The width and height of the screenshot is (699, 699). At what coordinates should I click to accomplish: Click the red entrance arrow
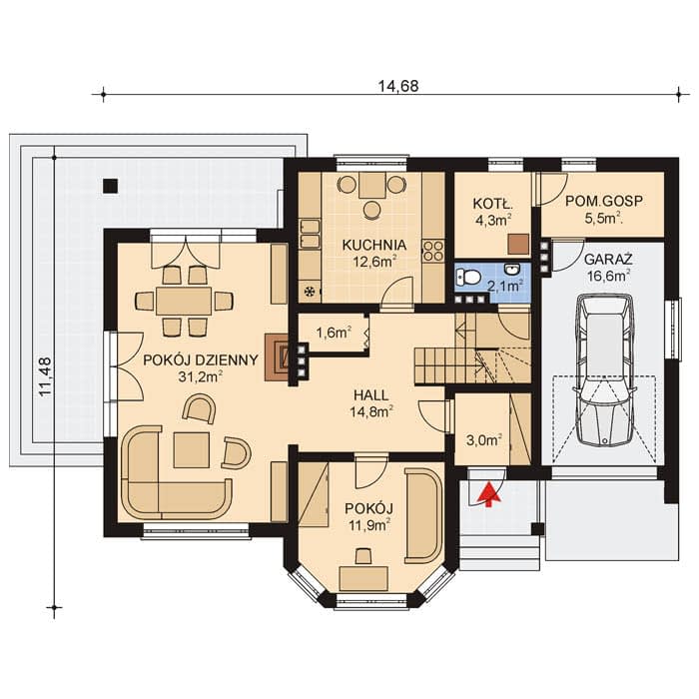pos(489,494)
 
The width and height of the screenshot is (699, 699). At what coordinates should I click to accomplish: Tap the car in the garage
pos(604,370)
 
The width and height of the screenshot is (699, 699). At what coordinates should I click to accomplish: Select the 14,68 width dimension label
pos(398,86)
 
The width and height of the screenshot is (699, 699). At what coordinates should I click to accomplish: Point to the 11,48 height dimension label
pos(46,376)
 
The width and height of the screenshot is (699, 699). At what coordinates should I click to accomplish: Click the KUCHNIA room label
pos(374,245)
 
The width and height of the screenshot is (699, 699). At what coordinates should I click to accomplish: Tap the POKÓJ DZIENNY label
pos(201,359)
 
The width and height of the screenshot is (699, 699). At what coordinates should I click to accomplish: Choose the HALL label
pos(370,395)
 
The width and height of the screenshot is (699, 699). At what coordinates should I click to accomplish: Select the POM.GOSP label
pos(604,201)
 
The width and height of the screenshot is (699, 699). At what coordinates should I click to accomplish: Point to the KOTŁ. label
pos(492,204)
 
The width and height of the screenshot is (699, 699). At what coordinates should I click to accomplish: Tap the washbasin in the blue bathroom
pos(511,270)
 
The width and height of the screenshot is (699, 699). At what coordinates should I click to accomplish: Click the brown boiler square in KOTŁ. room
pos(518,245)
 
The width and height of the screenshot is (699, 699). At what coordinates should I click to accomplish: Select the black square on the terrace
pos(110,186)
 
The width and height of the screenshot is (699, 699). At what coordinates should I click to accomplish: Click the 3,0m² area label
pos(483,441)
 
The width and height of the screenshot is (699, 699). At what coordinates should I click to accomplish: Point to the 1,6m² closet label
pos(334,333)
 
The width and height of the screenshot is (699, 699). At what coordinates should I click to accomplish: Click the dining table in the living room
pos(184,301)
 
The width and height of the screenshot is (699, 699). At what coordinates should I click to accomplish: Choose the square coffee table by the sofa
pos(192,449)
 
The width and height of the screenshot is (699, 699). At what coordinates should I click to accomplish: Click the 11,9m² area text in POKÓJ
pos(369,525)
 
